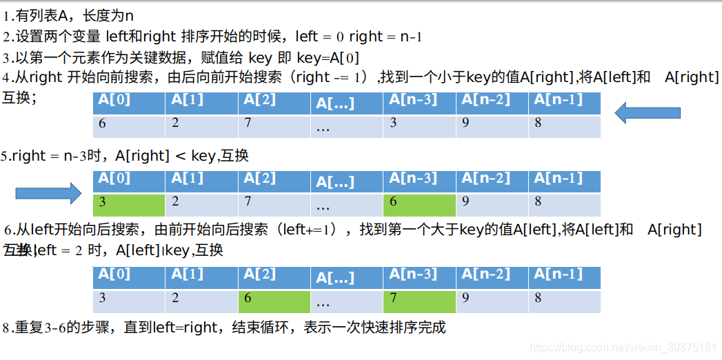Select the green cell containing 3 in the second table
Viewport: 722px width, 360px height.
[x=129, y=204]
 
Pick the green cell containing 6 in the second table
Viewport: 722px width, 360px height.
[x=419, y=204]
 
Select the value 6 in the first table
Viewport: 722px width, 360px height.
[x=102, y=124]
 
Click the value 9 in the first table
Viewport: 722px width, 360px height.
[x=465, y=124]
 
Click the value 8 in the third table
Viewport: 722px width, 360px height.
[x=538, y=299]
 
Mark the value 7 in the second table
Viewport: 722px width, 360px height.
[x=248, y=202]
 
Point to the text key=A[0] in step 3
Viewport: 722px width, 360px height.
[x=328, y=58]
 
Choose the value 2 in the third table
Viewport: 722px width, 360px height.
[x=175, y=299]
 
